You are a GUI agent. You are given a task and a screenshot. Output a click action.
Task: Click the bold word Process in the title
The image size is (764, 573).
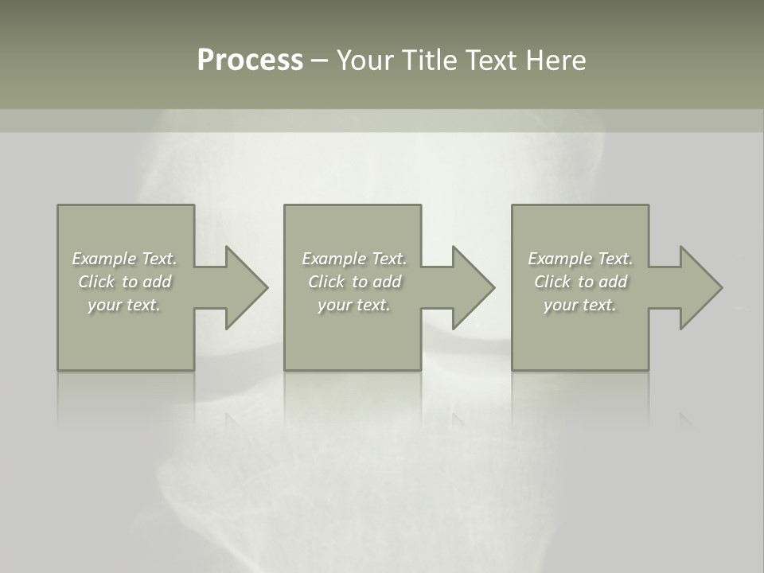[x=250, y=60]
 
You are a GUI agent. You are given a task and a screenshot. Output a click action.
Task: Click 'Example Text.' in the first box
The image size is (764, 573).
[x=124, y=259]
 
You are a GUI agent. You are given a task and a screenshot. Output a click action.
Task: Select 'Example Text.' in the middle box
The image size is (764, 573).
[x=354, y=259]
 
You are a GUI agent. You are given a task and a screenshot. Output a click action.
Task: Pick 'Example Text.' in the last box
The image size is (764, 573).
[x=580, y=259]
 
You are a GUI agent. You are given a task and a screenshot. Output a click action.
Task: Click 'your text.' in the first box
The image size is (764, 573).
[x=124, y=305]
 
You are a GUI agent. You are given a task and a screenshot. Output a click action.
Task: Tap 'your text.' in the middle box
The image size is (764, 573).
[x=354, y=305]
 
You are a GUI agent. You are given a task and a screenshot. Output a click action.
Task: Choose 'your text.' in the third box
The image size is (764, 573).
[x=580, y=305]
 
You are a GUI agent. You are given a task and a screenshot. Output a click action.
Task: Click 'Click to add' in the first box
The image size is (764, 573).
[x=124, y=282]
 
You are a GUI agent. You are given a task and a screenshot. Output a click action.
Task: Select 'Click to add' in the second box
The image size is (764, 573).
[x=354, y=282]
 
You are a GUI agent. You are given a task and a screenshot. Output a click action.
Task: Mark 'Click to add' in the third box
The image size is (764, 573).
[x=580, y=282]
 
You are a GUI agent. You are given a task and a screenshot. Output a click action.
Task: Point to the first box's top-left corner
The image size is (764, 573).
[x=58, y=206]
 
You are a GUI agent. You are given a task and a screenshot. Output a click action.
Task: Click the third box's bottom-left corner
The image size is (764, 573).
[x=513, y=369]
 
